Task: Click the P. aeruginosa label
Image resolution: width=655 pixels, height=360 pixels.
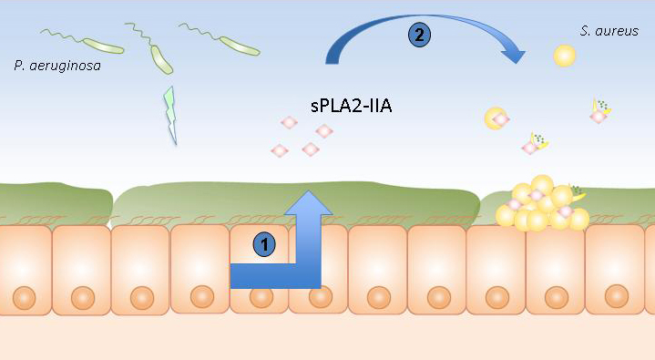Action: click(57, 66)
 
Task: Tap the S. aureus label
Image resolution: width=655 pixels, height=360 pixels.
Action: click(609, 31)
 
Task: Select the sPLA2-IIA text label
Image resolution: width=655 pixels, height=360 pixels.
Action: click(352, 106)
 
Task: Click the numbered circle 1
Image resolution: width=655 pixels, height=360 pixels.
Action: click(264, 244)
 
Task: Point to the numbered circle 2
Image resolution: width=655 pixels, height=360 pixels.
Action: click(419, 35)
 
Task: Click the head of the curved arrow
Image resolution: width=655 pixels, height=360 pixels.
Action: click(513, 55)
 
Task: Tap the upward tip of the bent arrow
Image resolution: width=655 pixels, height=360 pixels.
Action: click(308, 191)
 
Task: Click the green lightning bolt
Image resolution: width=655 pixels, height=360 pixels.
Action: click(170, 115)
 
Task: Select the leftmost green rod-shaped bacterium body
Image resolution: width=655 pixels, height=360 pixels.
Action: click(103, 46)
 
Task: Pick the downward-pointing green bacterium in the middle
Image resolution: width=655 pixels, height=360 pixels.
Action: click(161, 60)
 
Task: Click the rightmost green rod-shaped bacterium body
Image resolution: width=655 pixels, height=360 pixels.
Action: click(240, 46)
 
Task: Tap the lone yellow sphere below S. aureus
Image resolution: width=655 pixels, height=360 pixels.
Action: click(564, 56)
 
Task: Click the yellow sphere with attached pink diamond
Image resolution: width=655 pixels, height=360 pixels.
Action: click(496, 118)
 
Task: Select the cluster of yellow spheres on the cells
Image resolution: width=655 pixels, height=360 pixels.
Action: click(542, 204)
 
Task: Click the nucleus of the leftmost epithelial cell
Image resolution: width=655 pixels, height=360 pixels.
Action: click(24, 298)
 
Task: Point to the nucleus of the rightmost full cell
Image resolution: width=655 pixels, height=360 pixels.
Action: click(617, 296)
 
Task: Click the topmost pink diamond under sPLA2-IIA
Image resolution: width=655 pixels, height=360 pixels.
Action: click(289, 123)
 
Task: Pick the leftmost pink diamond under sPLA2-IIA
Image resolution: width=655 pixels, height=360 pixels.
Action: click(280, 150)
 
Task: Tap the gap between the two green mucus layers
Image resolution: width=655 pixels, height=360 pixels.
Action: click(112, 205)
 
